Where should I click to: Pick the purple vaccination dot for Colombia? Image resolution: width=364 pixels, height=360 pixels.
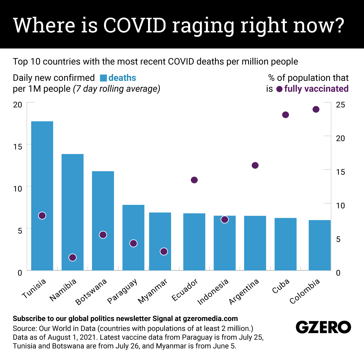(x=316, y=109)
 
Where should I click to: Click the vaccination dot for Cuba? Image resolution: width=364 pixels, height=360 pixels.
(x=285, y=115)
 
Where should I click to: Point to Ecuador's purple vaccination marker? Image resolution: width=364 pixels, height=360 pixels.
(x=194, y=180)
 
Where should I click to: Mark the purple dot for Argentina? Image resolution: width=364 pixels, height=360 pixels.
(x=255, y=165)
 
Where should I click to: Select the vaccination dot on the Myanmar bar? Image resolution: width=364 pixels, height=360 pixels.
(x=164, y=252)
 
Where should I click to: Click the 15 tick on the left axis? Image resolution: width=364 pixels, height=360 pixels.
(x=18, y=147)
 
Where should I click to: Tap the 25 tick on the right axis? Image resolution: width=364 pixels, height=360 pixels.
(x=341, y=105)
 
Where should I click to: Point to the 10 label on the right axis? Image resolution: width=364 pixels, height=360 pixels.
(x=341, y=206)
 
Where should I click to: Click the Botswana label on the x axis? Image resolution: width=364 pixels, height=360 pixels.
(x=91, y=292)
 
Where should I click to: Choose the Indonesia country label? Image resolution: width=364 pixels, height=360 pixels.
(x=213, y=292)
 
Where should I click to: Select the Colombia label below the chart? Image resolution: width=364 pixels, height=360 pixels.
(x=305, y=291)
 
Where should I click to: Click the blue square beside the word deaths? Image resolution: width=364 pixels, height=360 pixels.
(x=103, y=78)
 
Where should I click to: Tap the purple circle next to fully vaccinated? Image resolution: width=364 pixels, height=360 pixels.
(x=279, y=89)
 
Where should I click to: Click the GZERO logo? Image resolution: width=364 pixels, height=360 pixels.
(x=323, y=327)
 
